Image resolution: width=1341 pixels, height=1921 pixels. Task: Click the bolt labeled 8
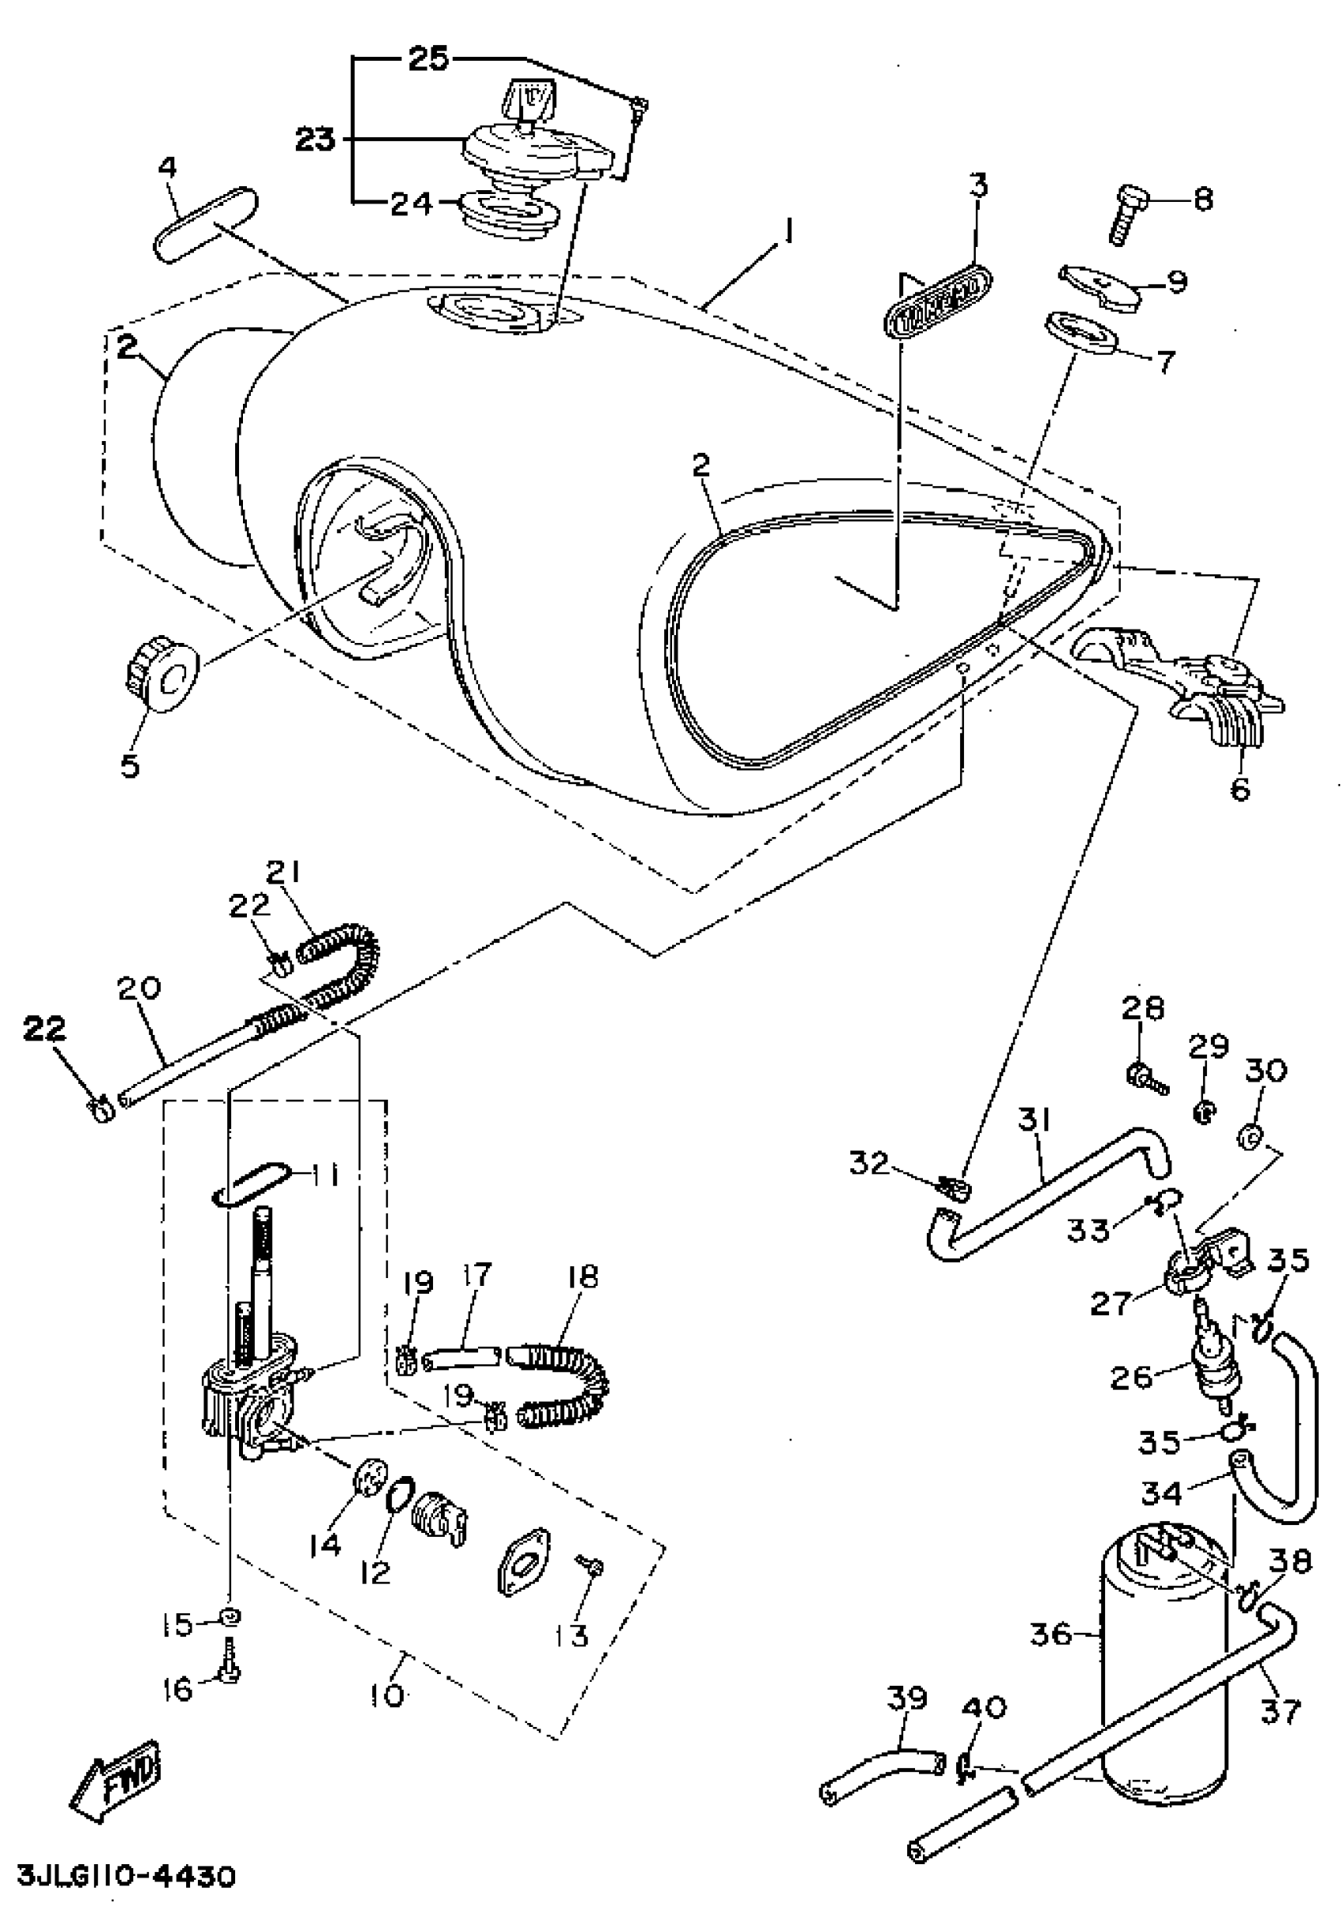pyautogui.click(x=1126, y=213)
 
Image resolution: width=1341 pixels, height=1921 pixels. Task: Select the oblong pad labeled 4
pyautogui.click(x=206, y=224)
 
